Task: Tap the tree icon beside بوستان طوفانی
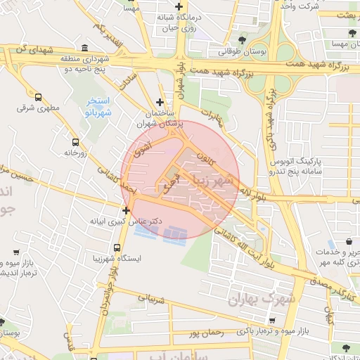243,40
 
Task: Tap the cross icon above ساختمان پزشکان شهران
161,102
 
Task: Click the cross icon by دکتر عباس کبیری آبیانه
126,210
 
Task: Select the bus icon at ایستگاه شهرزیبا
116,248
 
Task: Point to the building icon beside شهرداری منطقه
85,48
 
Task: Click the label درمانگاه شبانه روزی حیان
176,22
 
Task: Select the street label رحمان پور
205,331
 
